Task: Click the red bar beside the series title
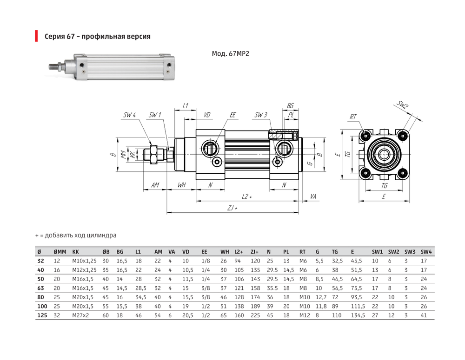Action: tap(36, 36)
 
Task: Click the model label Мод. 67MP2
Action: tap(231, 53)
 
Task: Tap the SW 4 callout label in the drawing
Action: tap(130, 115)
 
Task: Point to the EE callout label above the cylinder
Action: tap(232, 115)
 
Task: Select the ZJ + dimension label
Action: tap(232, 208)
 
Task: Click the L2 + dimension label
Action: tap(247, 196)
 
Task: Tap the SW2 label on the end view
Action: tap(403, 105)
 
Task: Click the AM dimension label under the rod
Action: tap(155, 185)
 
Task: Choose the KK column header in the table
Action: tap(76, 252)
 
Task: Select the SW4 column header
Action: tap(426, 252)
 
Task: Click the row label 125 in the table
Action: tap(42, 315)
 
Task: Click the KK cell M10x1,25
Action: tap(84, 261)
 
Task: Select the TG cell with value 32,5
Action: tap(337, 261)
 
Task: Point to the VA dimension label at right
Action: tap(313, 197)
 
